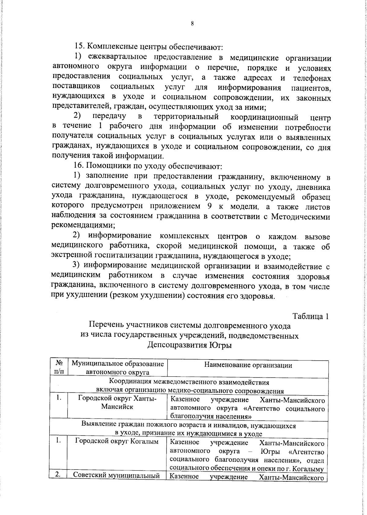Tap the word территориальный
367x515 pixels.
[186, 117]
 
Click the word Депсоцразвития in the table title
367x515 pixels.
[178, 345]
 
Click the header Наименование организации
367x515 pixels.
[248, 365]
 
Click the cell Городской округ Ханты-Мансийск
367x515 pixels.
[117, 403]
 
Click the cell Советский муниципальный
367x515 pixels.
[117, 476]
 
